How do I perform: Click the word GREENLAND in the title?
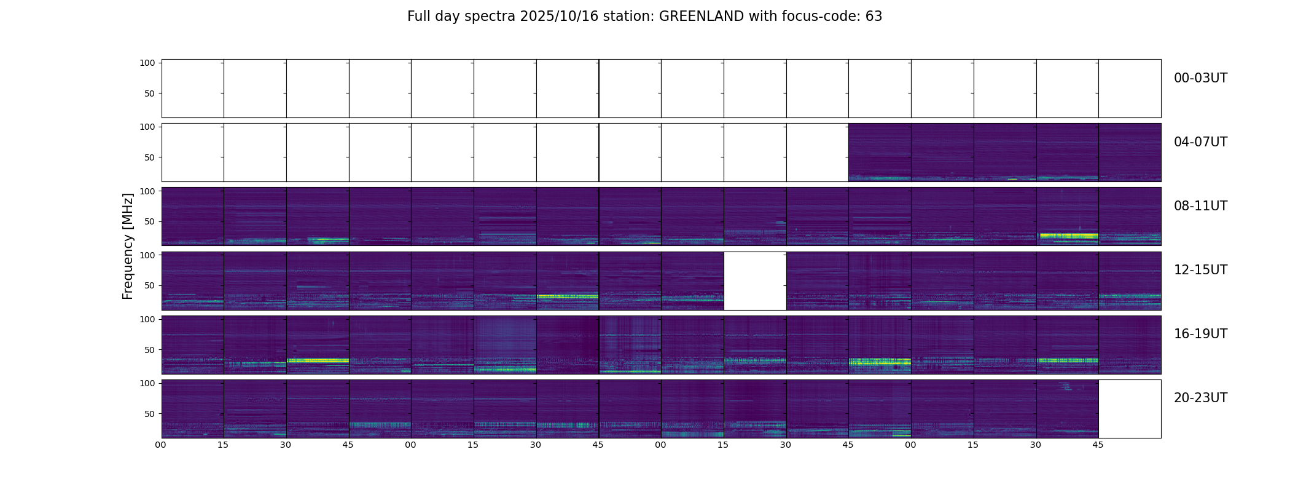(701, 17)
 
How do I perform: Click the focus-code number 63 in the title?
(874, 17)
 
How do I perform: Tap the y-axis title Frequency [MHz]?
(128, 247)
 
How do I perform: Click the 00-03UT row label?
(1200, 78)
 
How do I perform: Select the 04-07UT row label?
(1200, 142)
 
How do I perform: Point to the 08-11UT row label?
(1200, 206)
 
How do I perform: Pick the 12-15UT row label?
(1200, 270)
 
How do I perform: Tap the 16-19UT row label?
(1200, 334)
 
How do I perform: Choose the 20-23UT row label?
(1200, 398)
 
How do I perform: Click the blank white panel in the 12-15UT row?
(755, 281)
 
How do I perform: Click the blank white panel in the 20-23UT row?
(1130, 409)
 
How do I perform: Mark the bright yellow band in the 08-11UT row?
(1068, 236)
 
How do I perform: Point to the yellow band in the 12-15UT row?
(566, 296)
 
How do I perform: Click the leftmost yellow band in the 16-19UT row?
(318, 360)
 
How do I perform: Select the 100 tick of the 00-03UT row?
(147, 63)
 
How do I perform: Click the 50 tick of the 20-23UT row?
(149, 414)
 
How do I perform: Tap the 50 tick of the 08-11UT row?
(149, 221)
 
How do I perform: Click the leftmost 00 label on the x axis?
(161, 445)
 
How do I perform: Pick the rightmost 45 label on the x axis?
(1098, 445)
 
